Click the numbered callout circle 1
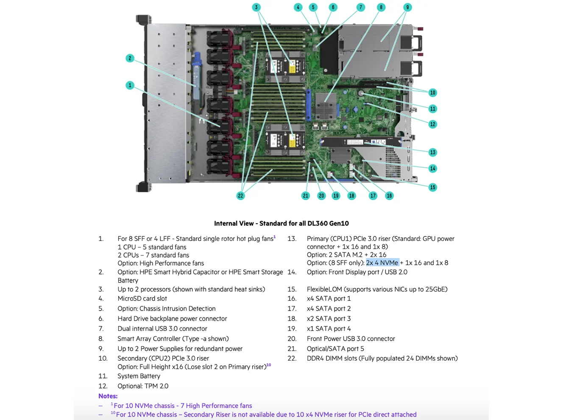[x=130, y=85]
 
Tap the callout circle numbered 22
[x=240, y=196]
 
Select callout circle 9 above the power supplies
[x=407, y=7]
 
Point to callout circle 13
[x=432, y=152]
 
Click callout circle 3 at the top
[x=256, y=7]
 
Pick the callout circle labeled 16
[x=389, y=196]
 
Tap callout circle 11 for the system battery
[x=432, y=109]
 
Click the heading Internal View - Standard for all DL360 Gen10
[x=281, y=223]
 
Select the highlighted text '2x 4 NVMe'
[x=382, y=263]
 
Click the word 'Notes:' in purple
[x=108, y=396]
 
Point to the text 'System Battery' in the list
[x=139, y=376]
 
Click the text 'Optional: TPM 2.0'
[x=143, y=386]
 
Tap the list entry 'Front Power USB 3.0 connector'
[x=351, y=339]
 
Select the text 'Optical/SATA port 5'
[x=335, y=349]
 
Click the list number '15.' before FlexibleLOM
[x=292, y=289]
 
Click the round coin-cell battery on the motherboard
[x=361, y=93]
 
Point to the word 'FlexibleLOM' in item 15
[x=324, y=289]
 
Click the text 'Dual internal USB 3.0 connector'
[x=162, y=329]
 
